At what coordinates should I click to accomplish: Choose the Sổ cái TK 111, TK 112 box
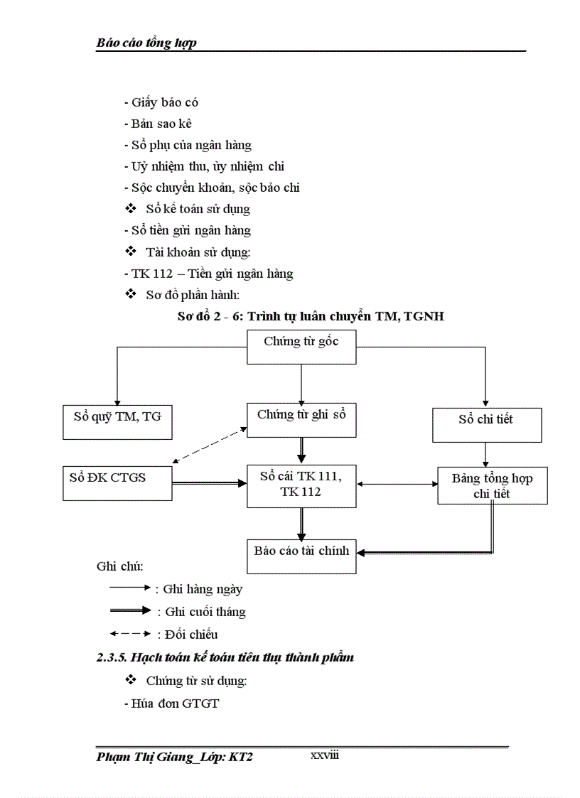click(x=301, y=486)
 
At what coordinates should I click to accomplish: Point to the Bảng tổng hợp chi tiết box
click(x=492, y=486)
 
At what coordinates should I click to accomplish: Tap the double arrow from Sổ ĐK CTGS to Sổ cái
click(x=210, y=482)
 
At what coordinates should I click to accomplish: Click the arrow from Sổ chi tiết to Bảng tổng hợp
click(x=486, y=454)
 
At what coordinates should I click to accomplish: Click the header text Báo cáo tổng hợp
click(x=146, y=43)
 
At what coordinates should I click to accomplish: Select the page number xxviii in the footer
click(x=325, y=755)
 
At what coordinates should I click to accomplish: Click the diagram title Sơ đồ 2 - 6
click(x=311, y=317)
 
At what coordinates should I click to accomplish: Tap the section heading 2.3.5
click(x=225, y=657)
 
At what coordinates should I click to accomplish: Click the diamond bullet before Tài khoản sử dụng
click(x=130, y=252)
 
